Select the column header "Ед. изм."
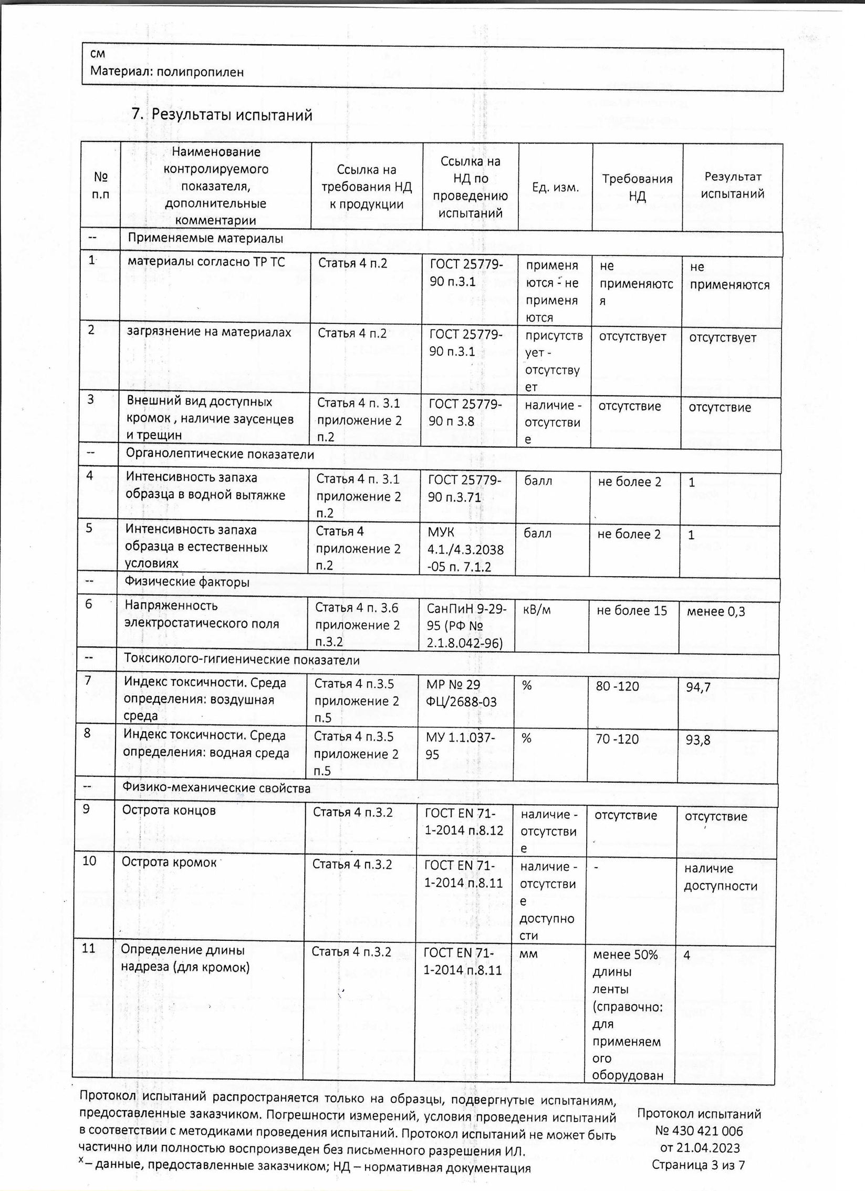point(556,187)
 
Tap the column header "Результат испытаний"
point(733,185)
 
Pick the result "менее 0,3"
point(715,611)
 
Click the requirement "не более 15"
point(631,610)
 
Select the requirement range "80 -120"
point(617,686)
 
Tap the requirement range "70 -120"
point(617,739)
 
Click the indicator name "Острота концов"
point(169,810)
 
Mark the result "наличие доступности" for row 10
point(720,877)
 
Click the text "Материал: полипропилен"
point(167,71)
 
